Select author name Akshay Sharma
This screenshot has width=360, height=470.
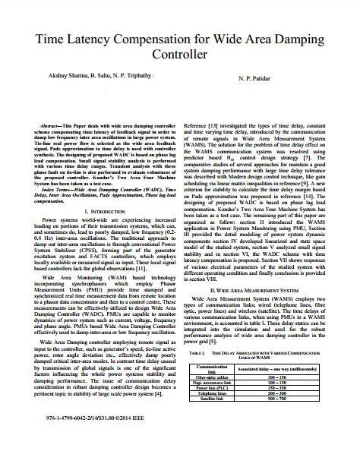pos(49,77)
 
